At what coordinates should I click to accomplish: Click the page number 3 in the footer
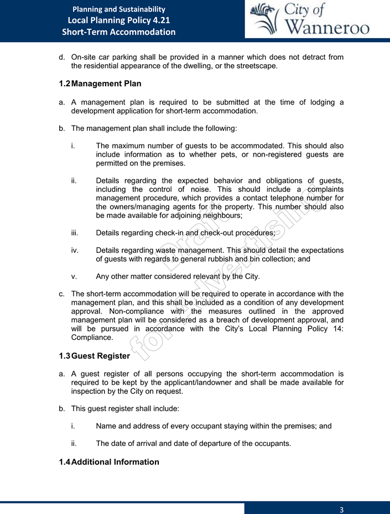(342, 509)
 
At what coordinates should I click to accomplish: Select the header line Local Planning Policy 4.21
(118, 20)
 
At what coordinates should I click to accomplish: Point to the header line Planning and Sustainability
(118, 9)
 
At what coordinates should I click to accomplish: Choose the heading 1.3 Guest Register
(94, 356)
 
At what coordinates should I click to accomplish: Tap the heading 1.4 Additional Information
(108, 461)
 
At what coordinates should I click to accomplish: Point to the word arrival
(167, 444)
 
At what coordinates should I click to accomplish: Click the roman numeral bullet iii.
(75, 233)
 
